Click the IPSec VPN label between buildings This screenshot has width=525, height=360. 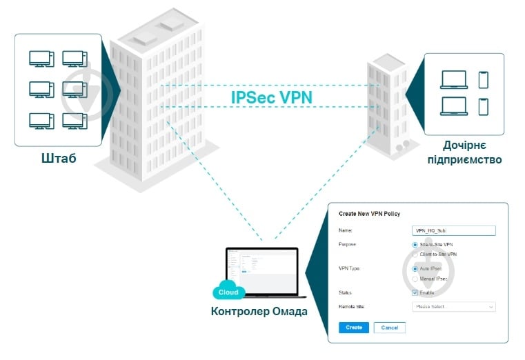(x=271, y=97)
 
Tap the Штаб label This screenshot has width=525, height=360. (x=58, y=159)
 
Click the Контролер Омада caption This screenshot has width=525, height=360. (x=259, y=311)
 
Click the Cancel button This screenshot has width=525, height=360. (x=390, y=328)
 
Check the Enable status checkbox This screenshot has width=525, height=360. (x=415, y=292)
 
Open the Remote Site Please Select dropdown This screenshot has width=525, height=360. (x=453, y=306)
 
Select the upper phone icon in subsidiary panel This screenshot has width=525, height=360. (x=483, y=80)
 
